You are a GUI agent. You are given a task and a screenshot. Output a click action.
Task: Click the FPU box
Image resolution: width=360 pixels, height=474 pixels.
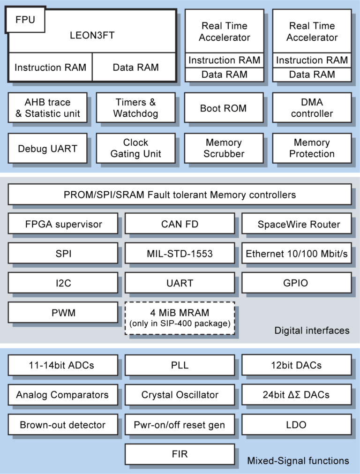click(x=25, y=20)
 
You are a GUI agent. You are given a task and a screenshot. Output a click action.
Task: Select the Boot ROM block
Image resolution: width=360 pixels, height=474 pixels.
click(x=224, y=108)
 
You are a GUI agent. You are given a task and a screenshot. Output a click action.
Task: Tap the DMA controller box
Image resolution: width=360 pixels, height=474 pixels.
click(x=312, y=108)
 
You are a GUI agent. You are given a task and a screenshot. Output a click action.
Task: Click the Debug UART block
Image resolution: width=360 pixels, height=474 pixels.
click(x=47, y=149)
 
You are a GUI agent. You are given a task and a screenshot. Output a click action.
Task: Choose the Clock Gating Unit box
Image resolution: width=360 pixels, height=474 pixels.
click(x=136, y=149)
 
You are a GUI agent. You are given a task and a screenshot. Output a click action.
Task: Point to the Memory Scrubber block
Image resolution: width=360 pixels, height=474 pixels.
click(x=224, y=149)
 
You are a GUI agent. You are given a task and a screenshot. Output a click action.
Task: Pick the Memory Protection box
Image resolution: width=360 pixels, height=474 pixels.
click(x=312, y=149)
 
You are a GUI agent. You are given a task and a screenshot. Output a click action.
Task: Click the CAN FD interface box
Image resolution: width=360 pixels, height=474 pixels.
click(x=180, y=224)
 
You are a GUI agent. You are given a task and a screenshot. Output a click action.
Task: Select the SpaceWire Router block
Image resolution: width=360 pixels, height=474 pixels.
click(x=297, y=224)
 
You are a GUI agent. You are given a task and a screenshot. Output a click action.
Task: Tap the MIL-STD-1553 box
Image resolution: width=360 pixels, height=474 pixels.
click(x=180, y=253)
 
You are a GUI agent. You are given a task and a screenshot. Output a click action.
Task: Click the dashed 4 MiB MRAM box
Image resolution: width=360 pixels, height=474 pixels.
click(x=180, y=318)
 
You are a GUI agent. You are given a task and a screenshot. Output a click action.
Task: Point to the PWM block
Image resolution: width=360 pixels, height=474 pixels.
click(x=63, y=312)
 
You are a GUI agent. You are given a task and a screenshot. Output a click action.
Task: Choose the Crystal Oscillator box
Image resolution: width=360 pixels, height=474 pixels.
click(x=180, y=395)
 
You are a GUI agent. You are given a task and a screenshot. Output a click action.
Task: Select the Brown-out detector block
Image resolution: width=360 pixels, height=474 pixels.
click(x=63, y=425)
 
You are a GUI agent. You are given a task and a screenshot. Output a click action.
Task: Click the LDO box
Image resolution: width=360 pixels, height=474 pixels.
click(x=297, y=425)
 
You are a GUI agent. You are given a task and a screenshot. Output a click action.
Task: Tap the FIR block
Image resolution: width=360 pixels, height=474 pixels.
click(x=180, y=454)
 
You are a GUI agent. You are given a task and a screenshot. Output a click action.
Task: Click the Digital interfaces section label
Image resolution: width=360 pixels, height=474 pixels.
click(x=312, y=331)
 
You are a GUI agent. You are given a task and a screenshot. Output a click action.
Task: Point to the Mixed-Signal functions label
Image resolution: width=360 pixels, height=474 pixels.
click(x=298, y=461)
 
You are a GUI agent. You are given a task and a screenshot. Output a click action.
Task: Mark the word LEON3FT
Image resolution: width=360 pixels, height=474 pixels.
click(x=92, y=35)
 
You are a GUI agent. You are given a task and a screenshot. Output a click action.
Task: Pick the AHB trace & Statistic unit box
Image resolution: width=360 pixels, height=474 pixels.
click(x=47, y=108)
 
